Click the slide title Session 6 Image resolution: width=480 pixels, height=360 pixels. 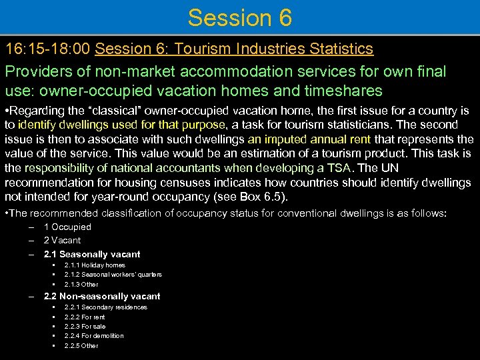[x=239, y=18]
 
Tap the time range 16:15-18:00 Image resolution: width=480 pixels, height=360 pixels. [x=48, y=49]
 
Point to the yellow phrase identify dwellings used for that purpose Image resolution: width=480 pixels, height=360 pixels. [x=123, y=125]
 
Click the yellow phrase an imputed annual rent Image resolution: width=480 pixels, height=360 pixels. [x=309, y=139]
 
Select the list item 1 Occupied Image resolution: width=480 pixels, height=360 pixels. [x=67, y=227]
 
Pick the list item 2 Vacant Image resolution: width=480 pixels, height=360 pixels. [x=62, y=241]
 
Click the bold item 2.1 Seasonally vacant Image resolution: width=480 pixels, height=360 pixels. [x=92, y=254]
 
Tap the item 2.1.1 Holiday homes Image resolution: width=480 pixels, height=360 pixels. [x=95, y=265]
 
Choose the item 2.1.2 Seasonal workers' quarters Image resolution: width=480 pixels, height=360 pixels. [x=113, y=275]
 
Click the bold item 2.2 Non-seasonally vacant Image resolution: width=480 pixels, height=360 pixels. [x=102, y=297]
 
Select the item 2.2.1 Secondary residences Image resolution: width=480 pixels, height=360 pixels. [x=105, y=307]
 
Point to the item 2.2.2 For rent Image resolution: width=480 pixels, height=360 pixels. [x=85, y=317]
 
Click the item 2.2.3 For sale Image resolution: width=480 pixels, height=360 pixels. [x=85, y=327]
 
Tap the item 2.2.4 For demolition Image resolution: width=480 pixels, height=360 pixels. [x=94, y=336]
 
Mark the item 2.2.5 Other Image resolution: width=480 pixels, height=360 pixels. [x=81, y=346]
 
